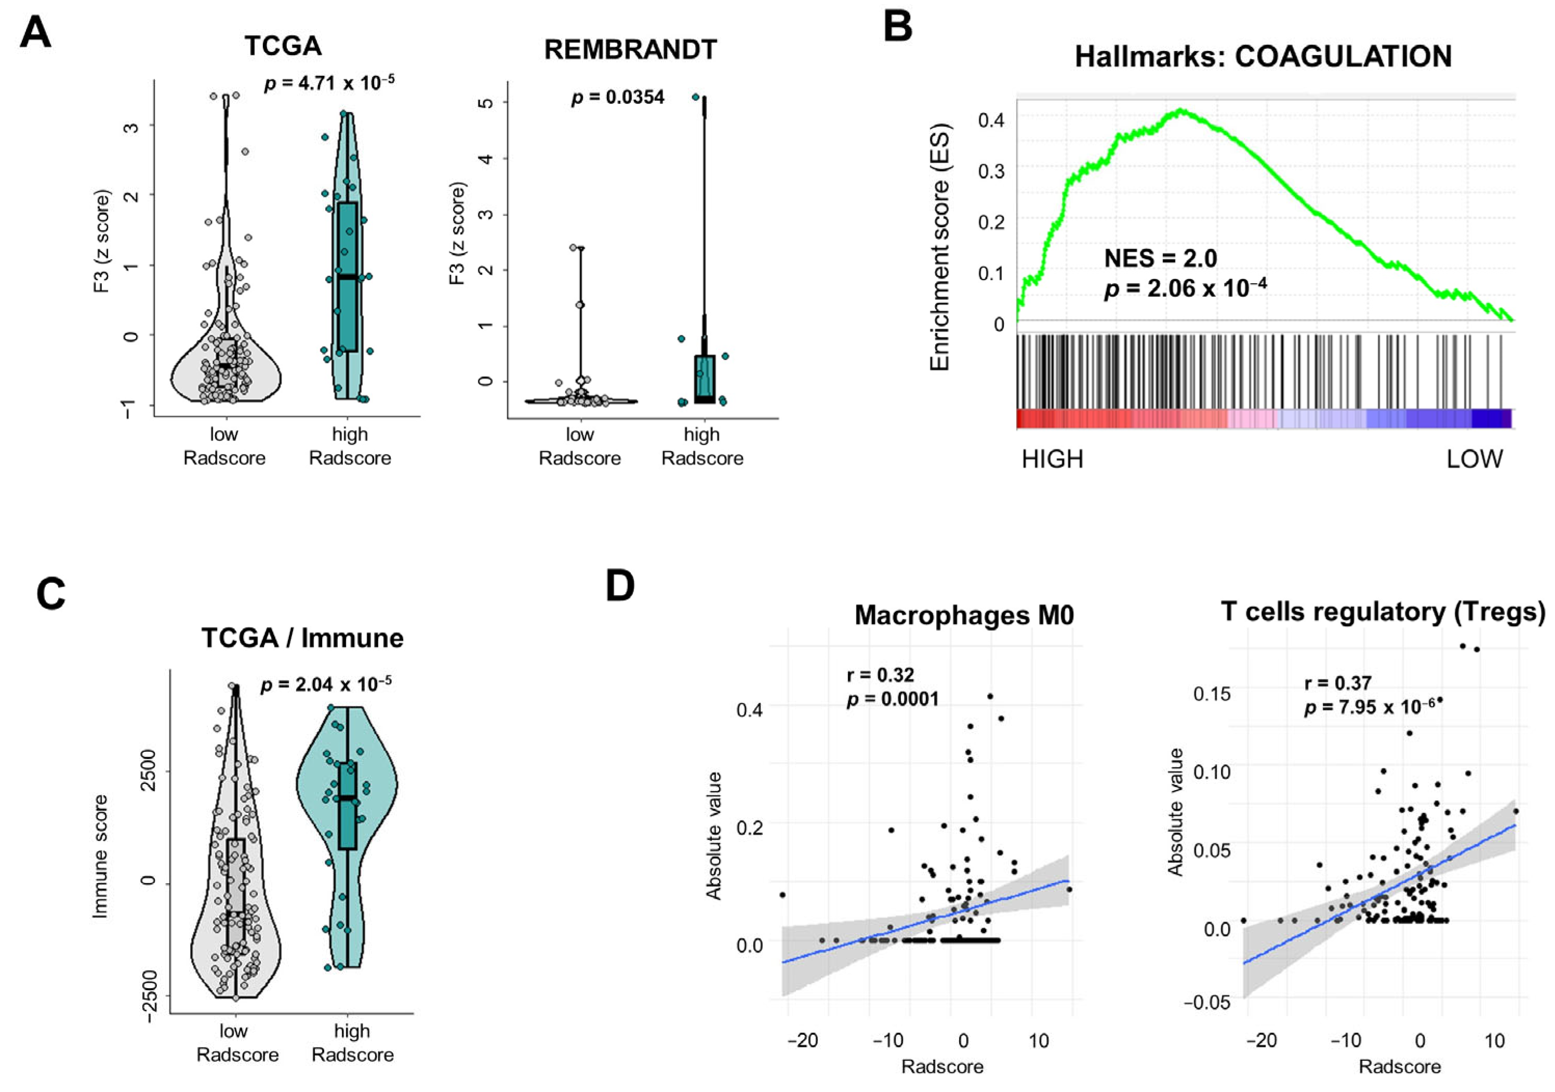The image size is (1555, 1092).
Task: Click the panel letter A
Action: [x=35, y=33]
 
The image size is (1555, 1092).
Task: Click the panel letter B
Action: [x=898, y=27]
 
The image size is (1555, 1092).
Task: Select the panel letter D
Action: [x=620, y=587]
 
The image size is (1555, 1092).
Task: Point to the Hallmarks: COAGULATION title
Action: [x=1263, y=56]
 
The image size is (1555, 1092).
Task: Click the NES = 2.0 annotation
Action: [x=1160, y=258]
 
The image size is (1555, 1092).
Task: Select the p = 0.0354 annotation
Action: [x=618, y=98]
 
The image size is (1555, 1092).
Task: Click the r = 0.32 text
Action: [x=881, y=675]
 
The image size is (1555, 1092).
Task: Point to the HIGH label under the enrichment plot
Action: [x=1053, y=460]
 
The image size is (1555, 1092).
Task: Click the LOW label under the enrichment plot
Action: [x=1474, y=460]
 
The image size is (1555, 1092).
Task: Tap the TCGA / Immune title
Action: [x=302, y=638]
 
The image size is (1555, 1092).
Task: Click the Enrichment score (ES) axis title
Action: [x=940, y=247]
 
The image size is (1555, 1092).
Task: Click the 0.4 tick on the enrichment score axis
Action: [x=990, y=121]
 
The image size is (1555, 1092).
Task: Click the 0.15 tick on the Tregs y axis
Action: [x=1212, y=695]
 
